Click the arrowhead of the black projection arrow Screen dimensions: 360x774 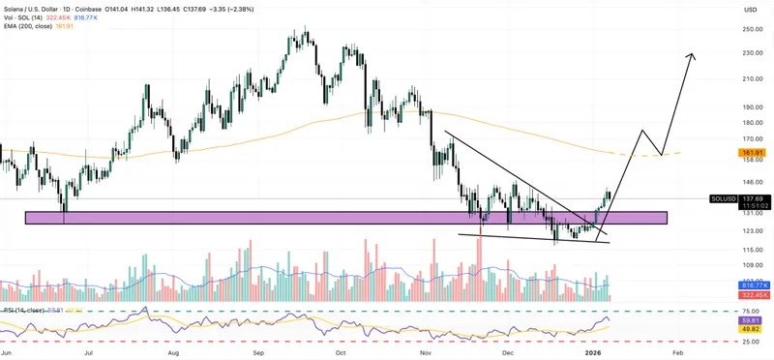(x=692, y=54)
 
